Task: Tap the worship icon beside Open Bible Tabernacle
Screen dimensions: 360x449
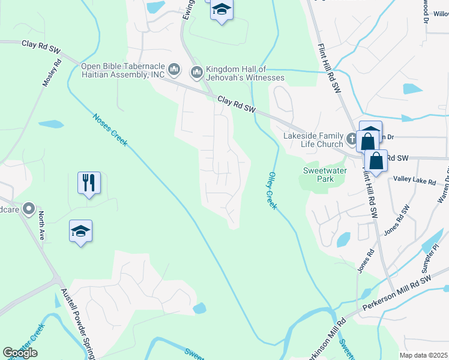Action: click(x=174, y=70)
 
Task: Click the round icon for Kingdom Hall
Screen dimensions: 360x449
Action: click(x=196, y=73)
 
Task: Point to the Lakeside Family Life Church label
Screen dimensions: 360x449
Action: click(x=313, y=140)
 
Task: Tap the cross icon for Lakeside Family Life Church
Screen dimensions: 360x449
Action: click(x=352, y=139)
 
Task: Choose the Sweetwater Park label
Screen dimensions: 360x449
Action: click(x=318, y=175)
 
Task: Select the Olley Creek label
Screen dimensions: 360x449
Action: click(x=272, y=190)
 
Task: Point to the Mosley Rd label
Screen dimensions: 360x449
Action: click(x=52, y=73)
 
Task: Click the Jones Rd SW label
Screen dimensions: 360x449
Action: click(x=397, y=220)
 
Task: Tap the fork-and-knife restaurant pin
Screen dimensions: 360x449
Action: click(x=89, y=182)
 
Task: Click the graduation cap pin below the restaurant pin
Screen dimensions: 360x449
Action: click(x=80, y=231)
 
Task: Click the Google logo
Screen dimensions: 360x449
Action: click(x=20, y=352)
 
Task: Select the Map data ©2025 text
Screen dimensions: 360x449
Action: click(x=423, y=355)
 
